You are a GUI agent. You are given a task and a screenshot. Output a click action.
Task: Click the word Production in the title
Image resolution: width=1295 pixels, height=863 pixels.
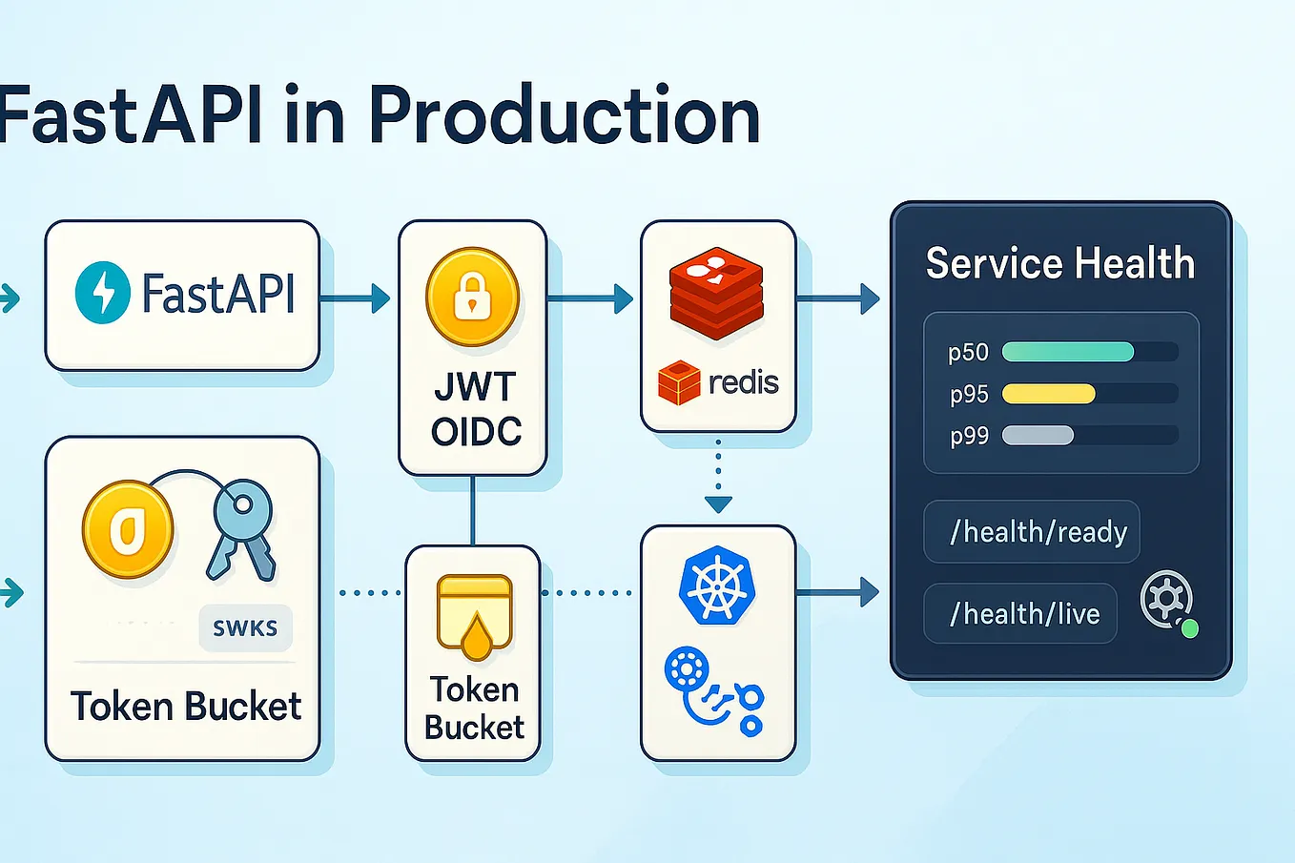point(565,116)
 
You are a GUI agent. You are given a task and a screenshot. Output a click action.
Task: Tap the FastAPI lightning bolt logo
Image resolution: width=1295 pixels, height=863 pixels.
point(103,293)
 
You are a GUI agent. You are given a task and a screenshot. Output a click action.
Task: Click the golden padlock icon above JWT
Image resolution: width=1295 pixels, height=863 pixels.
point(472,298)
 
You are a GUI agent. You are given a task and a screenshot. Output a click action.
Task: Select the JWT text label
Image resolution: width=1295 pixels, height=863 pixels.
point(474,387)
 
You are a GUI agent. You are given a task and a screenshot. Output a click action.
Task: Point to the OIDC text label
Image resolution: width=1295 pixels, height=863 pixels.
point(475,432)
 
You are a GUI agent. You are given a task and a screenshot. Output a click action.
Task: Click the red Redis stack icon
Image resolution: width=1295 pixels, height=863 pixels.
point(717,292)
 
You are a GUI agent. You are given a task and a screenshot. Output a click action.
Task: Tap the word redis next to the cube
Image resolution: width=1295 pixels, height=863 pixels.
point(743,382)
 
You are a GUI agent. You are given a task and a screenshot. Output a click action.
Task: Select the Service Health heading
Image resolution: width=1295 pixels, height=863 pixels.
point(1059,263)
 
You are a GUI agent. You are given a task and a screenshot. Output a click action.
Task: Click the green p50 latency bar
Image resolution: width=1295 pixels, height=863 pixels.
point(1067,352)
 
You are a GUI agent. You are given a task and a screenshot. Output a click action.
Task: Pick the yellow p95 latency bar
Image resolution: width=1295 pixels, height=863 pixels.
point(1048,394)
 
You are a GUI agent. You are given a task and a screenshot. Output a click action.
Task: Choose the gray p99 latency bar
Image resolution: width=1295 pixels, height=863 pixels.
point(1038,436)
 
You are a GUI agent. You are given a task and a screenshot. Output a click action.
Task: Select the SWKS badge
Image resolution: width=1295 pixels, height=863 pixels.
point(245,628)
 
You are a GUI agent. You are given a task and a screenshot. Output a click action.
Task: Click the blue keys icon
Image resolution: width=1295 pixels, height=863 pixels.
point(241,530)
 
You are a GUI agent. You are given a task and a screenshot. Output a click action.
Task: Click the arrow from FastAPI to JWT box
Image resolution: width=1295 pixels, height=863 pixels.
point(355,298)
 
